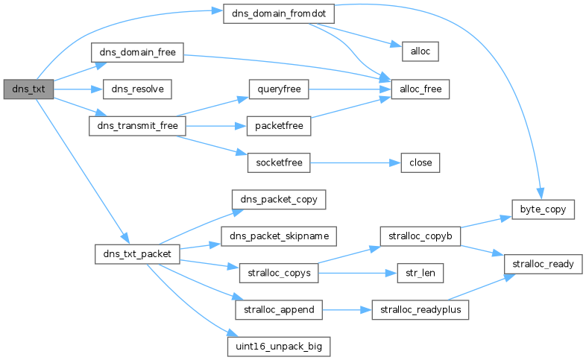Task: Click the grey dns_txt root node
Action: [28, 89]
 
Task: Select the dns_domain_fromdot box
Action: [279, 14]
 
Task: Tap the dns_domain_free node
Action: [137, 52]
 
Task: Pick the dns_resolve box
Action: [137, 89]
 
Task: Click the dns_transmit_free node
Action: [137, 126]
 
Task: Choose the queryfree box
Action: [279, 89]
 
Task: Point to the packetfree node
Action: [279, 126]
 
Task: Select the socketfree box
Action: [279, 162]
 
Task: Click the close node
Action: [420, 162]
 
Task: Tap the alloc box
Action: [420, 51]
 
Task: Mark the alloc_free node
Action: [420, 89]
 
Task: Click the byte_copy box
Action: [543, 209]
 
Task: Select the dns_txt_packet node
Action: [137, 254]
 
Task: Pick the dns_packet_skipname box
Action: [279, 236]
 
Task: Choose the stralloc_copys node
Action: [279, 273]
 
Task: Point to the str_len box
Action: [420, 273]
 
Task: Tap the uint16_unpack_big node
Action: [279, 347]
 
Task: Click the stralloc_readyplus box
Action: [420, 309]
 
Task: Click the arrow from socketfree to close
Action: [356, 162]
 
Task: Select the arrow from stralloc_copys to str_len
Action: [358, 273]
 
